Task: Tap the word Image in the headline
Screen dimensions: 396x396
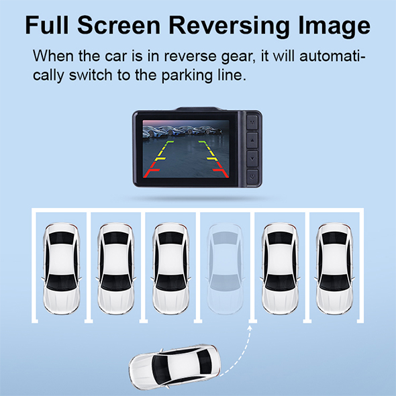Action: click(334, 26)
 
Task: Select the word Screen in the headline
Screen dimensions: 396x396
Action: click(119, 25)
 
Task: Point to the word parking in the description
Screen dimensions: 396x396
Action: click(186, 76)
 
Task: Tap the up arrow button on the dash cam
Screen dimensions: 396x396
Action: click(252, 140)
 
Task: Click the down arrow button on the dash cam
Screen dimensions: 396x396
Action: click(252, 158)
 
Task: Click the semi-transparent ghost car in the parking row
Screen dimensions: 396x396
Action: click(226, 268)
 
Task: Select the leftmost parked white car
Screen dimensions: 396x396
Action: click(61, 268)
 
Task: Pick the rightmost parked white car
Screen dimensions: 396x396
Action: click(334, 268)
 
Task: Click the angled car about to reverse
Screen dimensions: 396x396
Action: click(175, 366)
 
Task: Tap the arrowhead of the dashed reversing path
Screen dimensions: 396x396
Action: click(250, 328)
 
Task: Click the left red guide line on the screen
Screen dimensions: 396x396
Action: click(151, 170)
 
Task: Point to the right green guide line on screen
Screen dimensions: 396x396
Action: click(203, 144)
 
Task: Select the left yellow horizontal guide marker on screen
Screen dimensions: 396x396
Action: click(160, 159)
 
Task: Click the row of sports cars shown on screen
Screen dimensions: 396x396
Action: click(183, 131)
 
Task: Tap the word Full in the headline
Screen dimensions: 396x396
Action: click(47, 25)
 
